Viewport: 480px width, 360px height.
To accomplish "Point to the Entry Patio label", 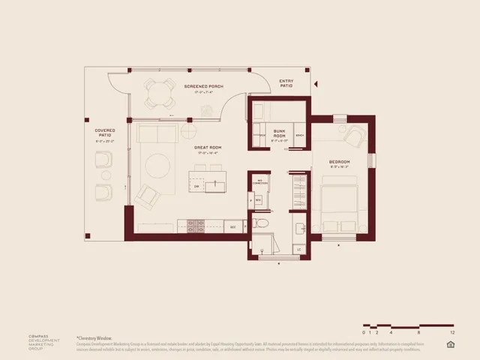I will [286, 82].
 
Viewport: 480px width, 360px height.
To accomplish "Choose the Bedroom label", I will [339, 162].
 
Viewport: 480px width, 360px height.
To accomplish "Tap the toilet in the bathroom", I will [259, 223].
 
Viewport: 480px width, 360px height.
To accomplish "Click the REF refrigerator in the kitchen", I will [233, 225].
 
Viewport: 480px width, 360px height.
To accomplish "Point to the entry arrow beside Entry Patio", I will [316, 85].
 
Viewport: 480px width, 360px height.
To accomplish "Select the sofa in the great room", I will [156, 135].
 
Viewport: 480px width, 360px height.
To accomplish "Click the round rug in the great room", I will [158, 165].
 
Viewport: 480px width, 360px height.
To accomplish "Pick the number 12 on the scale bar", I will [452, 331].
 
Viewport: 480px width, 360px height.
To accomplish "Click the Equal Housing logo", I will [450, 344].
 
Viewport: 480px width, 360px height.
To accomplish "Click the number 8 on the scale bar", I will [418, 331].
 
